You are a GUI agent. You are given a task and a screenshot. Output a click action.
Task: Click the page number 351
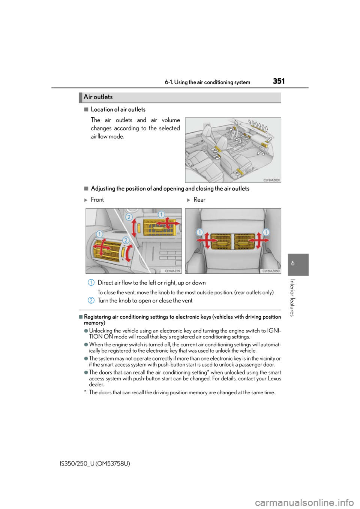point(279,81)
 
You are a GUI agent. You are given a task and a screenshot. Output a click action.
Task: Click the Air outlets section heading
point(98,97)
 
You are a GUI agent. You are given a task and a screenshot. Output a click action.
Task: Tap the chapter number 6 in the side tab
point(293,263)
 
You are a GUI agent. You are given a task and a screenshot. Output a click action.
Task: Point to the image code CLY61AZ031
point(271,180)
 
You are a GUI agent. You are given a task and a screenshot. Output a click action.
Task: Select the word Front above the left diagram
point(97,200)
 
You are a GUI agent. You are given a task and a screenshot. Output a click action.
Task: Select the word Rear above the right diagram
point(199,200)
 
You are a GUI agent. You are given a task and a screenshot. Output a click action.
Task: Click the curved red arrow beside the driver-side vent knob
point(128,253)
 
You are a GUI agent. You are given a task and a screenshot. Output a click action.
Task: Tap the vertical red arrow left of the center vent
point(134,228)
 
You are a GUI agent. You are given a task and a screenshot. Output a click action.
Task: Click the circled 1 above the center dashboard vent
point(161,214)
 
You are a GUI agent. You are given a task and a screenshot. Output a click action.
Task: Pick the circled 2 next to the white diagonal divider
point(129,217)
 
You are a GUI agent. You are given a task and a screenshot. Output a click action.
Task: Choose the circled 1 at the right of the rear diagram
point(266,232)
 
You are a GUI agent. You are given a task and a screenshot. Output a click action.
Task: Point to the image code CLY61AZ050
point(271,271)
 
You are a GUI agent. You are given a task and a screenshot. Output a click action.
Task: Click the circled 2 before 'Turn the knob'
point(91,300)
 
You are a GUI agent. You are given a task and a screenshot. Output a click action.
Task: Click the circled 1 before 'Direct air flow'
point(91,283)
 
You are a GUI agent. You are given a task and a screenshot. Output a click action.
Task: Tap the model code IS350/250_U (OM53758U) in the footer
point(95,464)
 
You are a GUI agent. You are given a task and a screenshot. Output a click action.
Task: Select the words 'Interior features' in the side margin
point(293,298)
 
